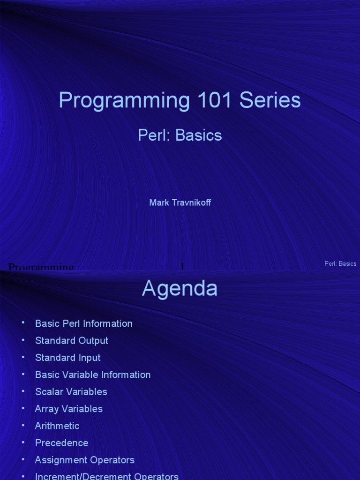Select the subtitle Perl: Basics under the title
pos(180,135)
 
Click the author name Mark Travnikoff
pos(180,202)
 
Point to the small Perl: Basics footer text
pos(340,264)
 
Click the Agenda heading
pos(180,288)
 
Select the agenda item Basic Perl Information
pos(83,323)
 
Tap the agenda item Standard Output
pos(71,341)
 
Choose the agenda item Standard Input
pos(67,358)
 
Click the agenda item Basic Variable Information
pos(93,375)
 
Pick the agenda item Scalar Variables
pos(71,392)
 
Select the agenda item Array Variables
pos(68,409)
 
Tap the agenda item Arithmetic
pos(57,426)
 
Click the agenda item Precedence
pos(61,443)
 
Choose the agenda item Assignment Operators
pos(84,460)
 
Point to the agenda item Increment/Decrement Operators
pos(106,476)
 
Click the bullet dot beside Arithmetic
pos(22,425)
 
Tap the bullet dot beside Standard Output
pos(22,339)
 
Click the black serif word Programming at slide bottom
pos(41,267)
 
